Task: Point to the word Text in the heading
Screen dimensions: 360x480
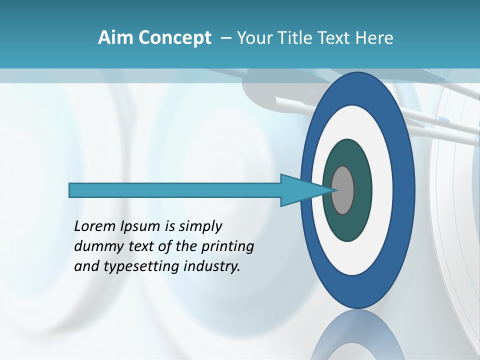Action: (334, 37)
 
